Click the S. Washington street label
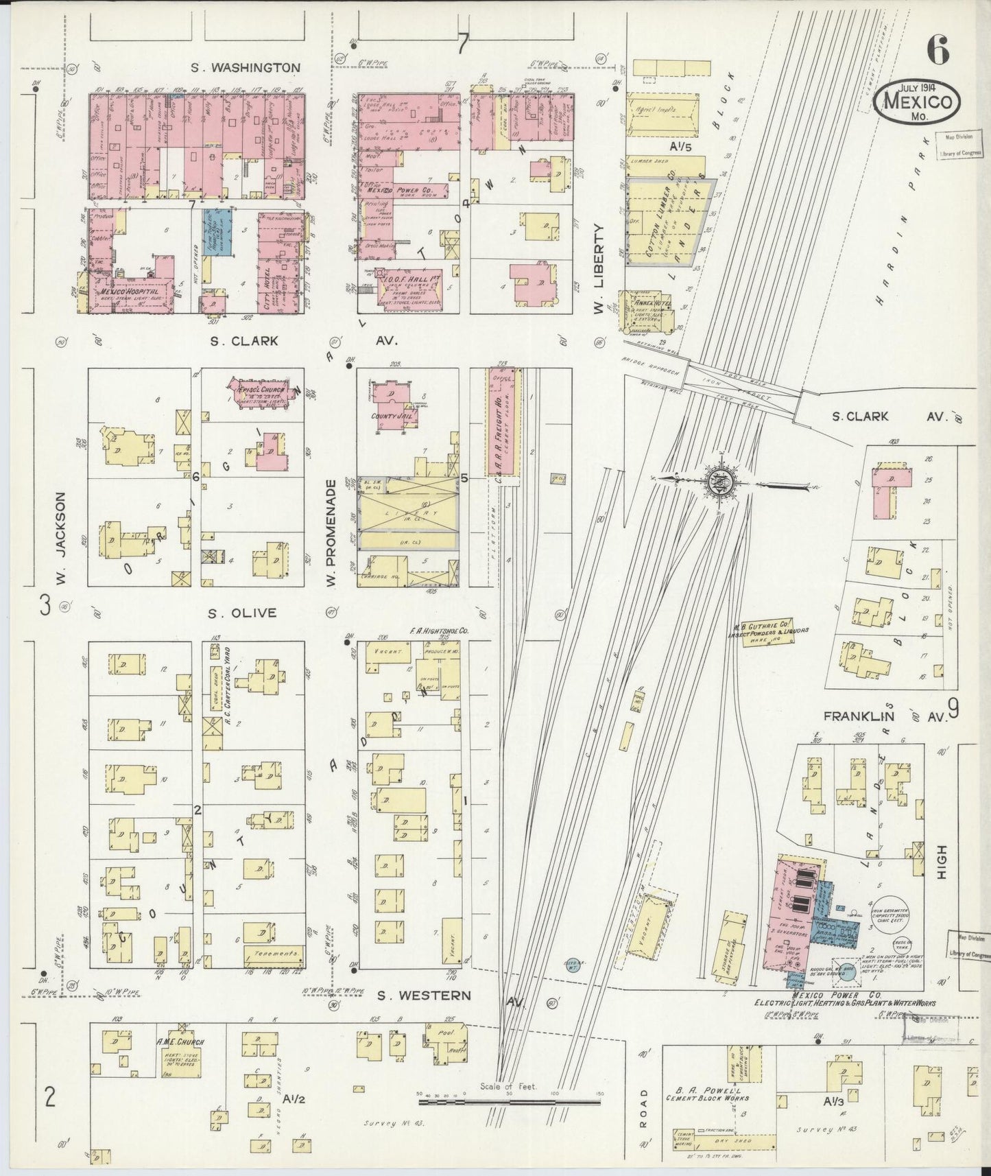[246, 67]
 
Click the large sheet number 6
[938, 49]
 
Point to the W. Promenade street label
[331, 533]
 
